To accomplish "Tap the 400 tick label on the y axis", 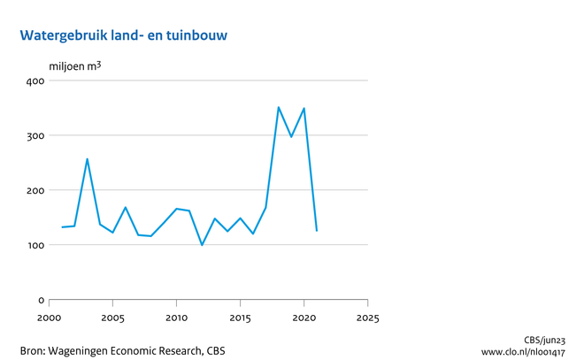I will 35,81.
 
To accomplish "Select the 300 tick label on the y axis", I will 35,136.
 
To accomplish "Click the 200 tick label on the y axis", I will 35,191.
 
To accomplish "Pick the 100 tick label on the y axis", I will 35,246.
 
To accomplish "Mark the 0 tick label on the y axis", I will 41,301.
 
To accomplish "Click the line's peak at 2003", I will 87,159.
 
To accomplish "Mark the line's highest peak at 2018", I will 279,108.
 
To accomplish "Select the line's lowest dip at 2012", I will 202,245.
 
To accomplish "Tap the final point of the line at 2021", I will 317,231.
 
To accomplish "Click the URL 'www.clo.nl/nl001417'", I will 528,351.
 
